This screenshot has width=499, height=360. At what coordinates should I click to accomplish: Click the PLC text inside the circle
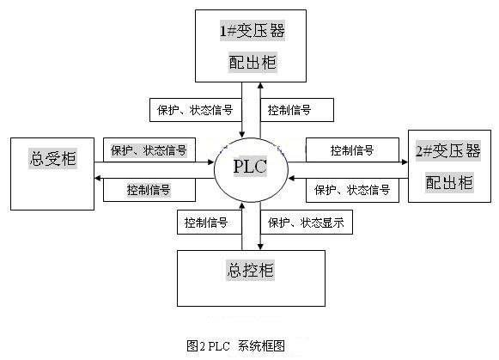click(x=250, y=167)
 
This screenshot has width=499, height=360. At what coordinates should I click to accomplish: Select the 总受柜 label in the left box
click(x=53, y=158)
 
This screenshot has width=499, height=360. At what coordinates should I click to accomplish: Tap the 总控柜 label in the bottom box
click(x=251, y=271)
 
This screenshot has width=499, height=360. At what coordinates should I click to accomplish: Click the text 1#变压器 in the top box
click(x=253, y=31)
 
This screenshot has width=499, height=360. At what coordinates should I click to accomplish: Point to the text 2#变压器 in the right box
click(x=448, y=151)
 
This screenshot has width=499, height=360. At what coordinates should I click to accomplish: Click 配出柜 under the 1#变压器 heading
click(x=253, y=63)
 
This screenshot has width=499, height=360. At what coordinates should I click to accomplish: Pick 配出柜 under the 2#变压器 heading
click(x=449, y=182)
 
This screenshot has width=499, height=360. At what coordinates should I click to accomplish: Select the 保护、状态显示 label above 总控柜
click(x=306, y=223)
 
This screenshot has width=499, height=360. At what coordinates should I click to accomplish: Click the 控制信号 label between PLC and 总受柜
click(x=149, y=190)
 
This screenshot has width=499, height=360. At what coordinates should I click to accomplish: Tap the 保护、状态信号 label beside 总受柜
click(x=149, y=150)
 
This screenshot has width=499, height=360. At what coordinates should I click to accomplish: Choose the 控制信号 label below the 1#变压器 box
click(x=289, y=110)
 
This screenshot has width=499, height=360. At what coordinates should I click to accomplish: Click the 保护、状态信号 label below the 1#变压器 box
click(x=195, y=110)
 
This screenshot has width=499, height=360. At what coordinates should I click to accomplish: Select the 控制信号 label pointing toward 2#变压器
click(x=352, y=150)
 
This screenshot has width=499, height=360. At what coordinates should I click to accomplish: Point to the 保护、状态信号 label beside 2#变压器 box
click(x=352, y=190)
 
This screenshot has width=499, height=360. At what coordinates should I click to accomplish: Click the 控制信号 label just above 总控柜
click(x=206, y=223)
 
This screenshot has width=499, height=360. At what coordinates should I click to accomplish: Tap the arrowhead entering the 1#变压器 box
click(x=260, y=85)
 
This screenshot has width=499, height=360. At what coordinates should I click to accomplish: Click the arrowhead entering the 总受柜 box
click(x=98, y=178)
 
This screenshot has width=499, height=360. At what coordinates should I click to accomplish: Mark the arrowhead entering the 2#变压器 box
click(x=405, y=162)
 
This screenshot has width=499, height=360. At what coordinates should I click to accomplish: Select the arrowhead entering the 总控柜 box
click(x=260, y=247)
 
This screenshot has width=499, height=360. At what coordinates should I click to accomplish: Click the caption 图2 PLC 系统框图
click(x=236, y=345)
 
